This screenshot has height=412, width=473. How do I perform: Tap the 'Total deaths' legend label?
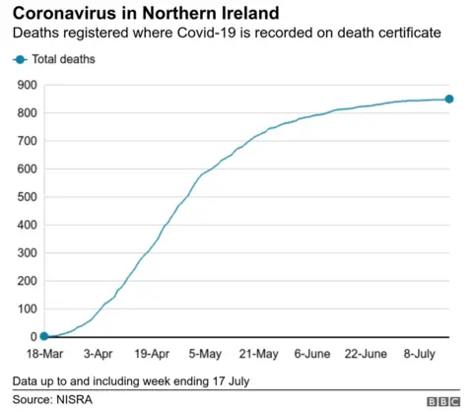[x=64, y=60]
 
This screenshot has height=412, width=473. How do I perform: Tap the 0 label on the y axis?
[x=30, y=337]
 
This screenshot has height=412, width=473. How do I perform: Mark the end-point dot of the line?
[x=448, y=99]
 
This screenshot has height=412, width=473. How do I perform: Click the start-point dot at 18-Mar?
[x=43, y=337]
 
